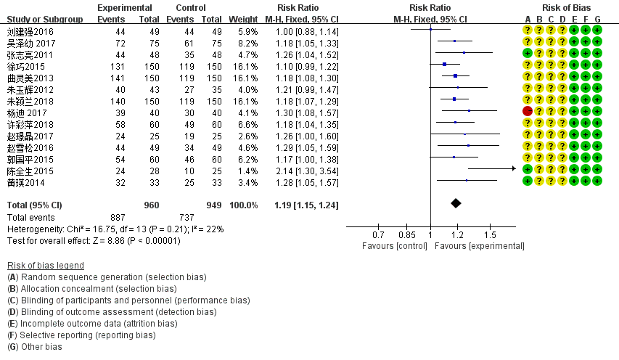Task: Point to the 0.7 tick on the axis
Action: (378, 235)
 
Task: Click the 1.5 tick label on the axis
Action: (491, 235)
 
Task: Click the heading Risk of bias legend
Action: (45, 265)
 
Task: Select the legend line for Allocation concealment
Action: (91, 288)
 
